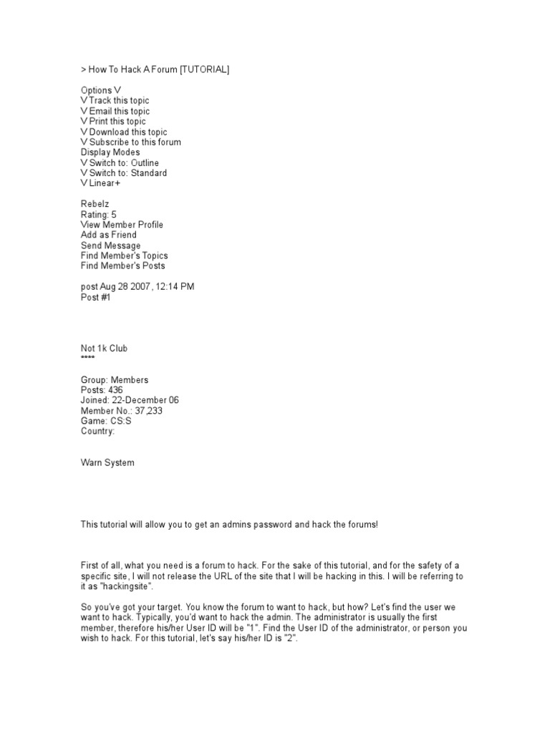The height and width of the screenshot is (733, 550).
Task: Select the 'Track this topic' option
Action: pos(119,101)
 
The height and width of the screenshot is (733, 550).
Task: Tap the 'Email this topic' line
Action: pos(120,111)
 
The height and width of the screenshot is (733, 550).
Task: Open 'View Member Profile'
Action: pos(122,225)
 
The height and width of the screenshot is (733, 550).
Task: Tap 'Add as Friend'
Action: pos(108,235)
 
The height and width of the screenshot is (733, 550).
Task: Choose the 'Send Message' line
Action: pos(110,246)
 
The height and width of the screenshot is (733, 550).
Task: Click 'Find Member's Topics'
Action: pos(125,256)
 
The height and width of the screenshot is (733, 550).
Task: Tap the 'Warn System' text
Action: pos(107,463)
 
